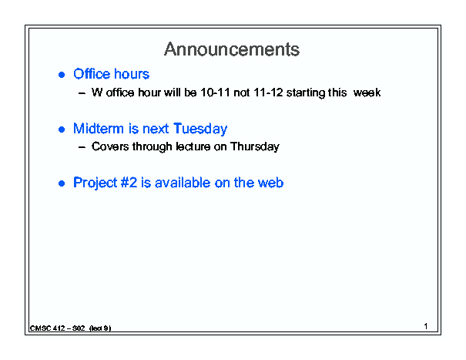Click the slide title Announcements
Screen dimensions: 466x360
[232, 49]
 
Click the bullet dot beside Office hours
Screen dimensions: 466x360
[62, 74]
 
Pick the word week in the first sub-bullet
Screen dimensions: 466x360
[367, 93]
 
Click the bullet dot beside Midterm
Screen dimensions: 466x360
[62, 130]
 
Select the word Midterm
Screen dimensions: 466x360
[99, 129]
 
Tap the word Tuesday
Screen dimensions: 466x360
[200, 130]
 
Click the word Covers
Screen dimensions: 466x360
[110, 146]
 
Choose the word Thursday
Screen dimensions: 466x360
[255, 147]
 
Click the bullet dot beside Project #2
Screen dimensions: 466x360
[62, 183]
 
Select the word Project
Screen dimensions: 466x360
[95, 183]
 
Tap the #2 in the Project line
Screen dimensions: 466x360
[129, 183]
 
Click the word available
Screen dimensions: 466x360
[183, 183]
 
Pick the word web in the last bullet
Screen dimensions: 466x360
[270, 183]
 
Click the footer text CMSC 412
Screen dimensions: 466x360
[48, 328]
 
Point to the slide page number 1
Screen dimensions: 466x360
[426, 326]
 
